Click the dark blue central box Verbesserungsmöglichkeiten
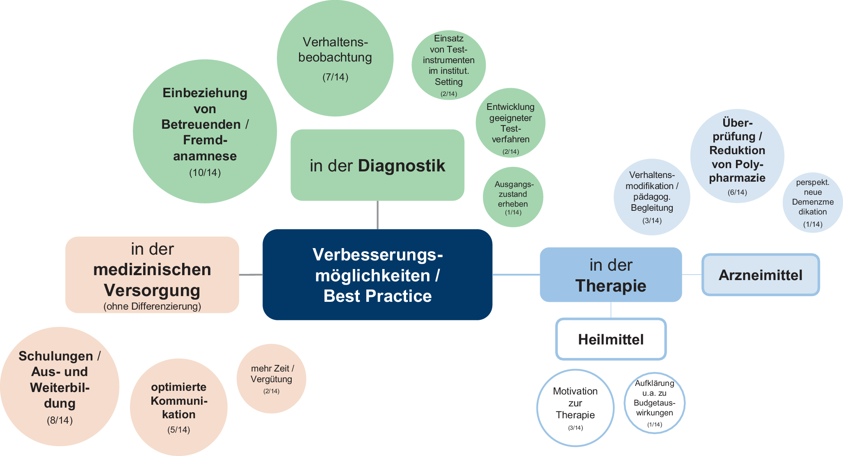(x=377, y=274)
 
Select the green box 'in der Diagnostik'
(x=377, y=165)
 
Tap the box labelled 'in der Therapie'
(x=610, y=275)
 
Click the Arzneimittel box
(x=761, y=275)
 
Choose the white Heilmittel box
(x=611, y=339)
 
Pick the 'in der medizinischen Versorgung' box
(x=152, y=275)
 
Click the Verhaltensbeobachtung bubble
(x=335, y=58)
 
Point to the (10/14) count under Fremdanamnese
(x=205, y=173)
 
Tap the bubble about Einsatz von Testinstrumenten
(x=448, y=65)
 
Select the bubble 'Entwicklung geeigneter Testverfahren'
(x=510, y=123)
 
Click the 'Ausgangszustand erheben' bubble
(x=513, y=197)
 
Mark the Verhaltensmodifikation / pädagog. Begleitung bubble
(x=652, y=197)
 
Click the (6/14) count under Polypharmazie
(x=737, y=192)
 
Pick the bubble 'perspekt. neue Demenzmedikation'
(x=813, y=202)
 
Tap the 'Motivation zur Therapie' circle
(x=575, y=408)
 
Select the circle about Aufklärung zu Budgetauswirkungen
(x=654, y=403)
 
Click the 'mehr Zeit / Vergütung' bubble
(x=271, y=378)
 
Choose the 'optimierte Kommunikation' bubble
(x=178, y=407)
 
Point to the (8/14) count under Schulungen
(x=60, y=420)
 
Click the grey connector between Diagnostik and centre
(x=377, y=215)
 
